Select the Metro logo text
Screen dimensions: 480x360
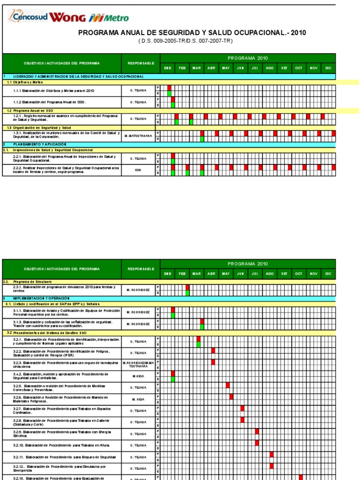[115, 18]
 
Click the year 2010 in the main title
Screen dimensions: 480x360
[298, 33]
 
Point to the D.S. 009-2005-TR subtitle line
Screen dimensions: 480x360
[185, 41]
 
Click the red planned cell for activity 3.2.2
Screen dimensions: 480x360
[213, 350]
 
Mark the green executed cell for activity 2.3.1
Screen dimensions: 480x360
[187, 293]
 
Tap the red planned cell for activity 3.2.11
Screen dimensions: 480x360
[271, 454]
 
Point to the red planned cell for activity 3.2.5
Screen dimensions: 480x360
[228, 385]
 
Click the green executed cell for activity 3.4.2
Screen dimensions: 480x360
[173, 379]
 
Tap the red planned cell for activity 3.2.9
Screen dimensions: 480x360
[257, 431]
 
